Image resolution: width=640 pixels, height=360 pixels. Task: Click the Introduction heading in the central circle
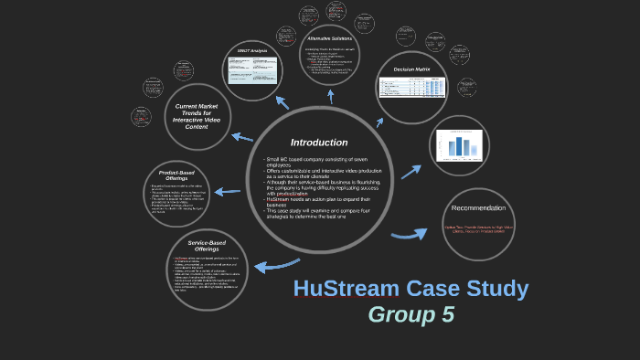(x=319, y=143)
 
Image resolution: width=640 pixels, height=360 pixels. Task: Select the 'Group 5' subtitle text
(x=411, y=315)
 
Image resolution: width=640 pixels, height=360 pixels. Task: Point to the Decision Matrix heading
(x=411, y=69)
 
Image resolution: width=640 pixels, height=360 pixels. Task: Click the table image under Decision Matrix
(x=411, y=89)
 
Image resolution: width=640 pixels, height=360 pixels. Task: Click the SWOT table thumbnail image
(x=251, y=70)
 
